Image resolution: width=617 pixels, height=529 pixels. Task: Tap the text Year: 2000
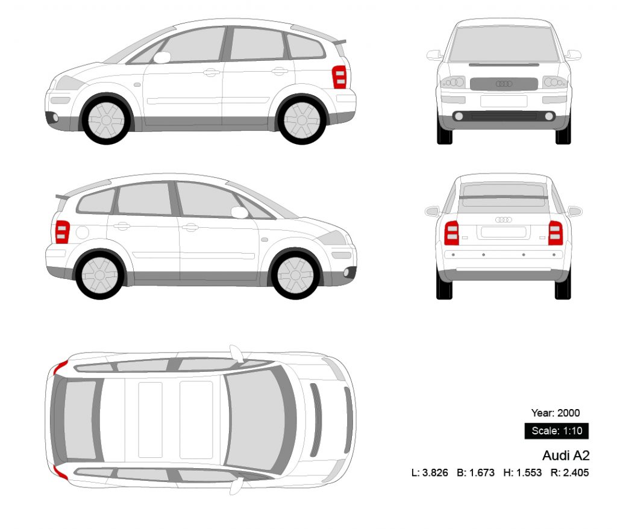pyautogui.click(x=555, y=413)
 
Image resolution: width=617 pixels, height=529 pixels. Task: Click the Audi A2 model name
pyautogui.click(x=565, y=455)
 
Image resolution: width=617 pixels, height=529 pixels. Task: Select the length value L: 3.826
pyautogui.click(x=430, y=473)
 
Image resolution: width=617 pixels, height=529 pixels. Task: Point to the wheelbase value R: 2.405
pyautogui.click(x=569, y=473)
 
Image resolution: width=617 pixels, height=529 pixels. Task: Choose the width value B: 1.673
pyautogui.click(x=475, y=473)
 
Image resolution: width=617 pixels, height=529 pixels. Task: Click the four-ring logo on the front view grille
pyautogui.click(x=504, y=84)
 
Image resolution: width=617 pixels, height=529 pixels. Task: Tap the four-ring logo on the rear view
pyautogui.click(x=504, y=220)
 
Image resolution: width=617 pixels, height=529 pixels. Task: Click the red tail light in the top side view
pyautogui.click(x=339, y=77)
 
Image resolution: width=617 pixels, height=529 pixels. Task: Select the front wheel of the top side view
pyautogui.click(x=106, y=119)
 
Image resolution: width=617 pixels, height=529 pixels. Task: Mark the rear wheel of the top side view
pyautogui.click(x=301, y=119)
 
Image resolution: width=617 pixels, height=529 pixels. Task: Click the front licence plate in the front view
pyautogui.click(x=504, y=101)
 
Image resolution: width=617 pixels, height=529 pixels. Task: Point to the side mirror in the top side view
pyautogui.click(x=162, y=57)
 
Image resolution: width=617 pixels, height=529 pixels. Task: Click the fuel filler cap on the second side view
pyautogui.click(x=83, y=232)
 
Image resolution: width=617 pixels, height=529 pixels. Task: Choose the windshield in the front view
pyautogui.click(x=504, y=44)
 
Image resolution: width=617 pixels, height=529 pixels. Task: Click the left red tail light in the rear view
pyautogui.click(x=451, y=233)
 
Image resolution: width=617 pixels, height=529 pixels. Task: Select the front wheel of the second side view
pyautogui.click(x=296, y=275)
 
